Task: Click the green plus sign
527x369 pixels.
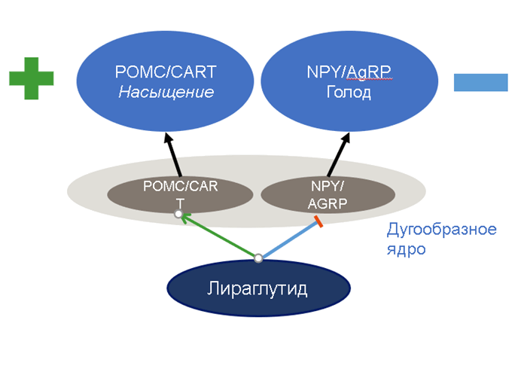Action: click(x=32, y=78)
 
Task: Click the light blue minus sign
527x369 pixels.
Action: click(x=482, y=82)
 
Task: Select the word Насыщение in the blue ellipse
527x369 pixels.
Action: click(x=166, y=92)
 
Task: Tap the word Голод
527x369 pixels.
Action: click(x=349, y=93)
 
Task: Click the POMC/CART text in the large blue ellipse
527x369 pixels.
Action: click(x=166, y=72)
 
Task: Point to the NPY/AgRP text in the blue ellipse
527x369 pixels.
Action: click(x=349, y=72)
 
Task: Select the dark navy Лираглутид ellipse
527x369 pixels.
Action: click(x=258, y=290)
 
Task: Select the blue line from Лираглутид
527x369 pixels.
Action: click(x=289, y=240)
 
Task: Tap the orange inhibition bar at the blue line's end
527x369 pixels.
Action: click(x=319, y=222)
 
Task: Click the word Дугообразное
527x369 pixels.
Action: click(x=441, y=230)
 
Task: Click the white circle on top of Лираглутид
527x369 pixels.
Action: click(x=258, y=258)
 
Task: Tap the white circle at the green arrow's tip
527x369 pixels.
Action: click(x=178, y=215)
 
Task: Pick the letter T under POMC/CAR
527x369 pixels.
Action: click(x=179, y=203)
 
